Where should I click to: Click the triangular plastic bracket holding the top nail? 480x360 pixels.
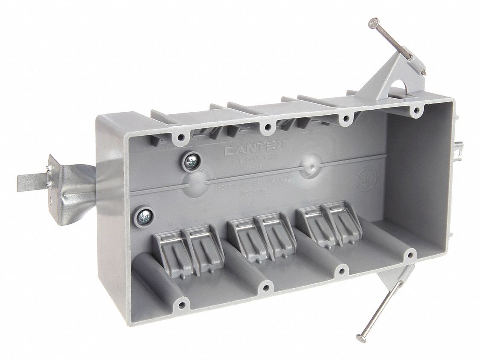click(380, 79)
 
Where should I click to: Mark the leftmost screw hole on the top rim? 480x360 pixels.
click(181, 138)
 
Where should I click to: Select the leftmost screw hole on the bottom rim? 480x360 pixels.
click(182, 305)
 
